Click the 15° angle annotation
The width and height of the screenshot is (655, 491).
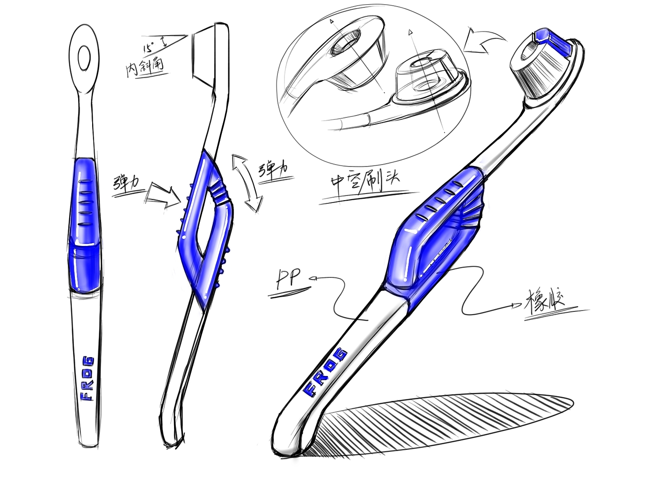click(149, 47)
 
